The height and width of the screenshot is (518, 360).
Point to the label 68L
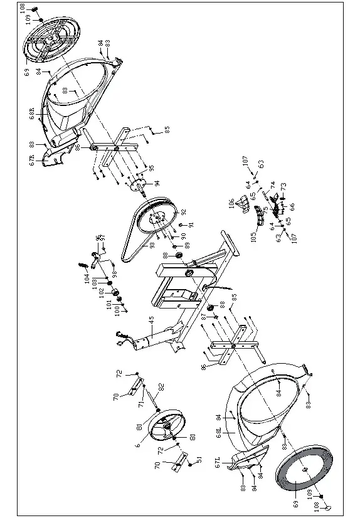coord(218,432)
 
